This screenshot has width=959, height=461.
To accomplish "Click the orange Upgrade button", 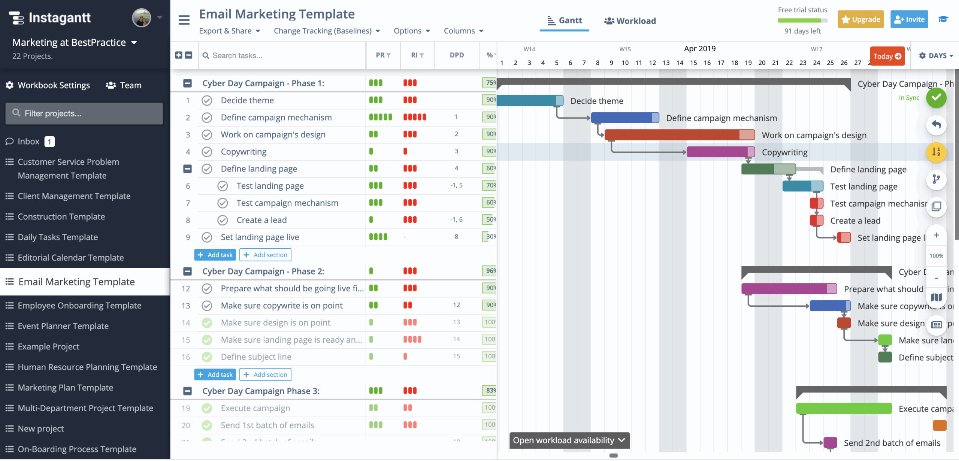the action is pyautogui.click(x=860, y=19).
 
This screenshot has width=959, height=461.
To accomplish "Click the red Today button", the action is pyautogui.click(x=887, y=56).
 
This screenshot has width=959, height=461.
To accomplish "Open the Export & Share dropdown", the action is pyautogui.click(x=229, y=31).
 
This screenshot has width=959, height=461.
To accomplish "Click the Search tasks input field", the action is pyautogui.click(x=281, y=55).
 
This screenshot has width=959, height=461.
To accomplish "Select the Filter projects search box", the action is pyautogui.click(x=84, y=113).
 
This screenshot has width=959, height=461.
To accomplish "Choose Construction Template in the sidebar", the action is pyautogui.click(x=61, y=216).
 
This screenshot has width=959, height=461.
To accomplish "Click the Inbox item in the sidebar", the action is pyautogui.click(x=28, y=142).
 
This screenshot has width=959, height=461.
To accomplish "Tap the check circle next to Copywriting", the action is pyautogui.click(x=207, y=152).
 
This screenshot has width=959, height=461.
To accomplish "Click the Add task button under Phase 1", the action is pyautogui.click(x=215, y=255).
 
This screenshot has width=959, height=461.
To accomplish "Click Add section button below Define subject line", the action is pyautogui.click(x=265, y=374).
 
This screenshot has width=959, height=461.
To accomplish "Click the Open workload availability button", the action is pyautogui.click(x=569, y=440).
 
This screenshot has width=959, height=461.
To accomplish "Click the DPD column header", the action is pyautogui.click(x=457, y=55).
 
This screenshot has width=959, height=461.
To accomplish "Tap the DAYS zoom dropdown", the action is pyautogui.click(x=936, y=56).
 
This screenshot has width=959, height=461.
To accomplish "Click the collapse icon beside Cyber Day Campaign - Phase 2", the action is pyautogui.click(x=187, y=272).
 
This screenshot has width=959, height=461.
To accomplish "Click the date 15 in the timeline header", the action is pyautogui.click(x=693, y=63).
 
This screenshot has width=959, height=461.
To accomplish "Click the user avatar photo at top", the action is pyautogui.click(x=142, y=18).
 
